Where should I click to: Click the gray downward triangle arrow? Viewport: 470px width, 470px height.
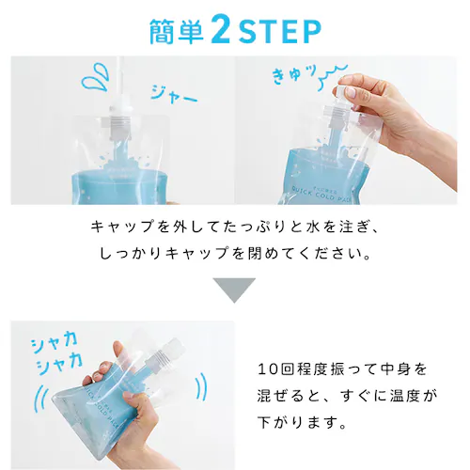tap(234, 289)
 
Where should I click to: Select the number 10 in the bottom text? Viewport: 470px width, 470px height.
tap(266, 368)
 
